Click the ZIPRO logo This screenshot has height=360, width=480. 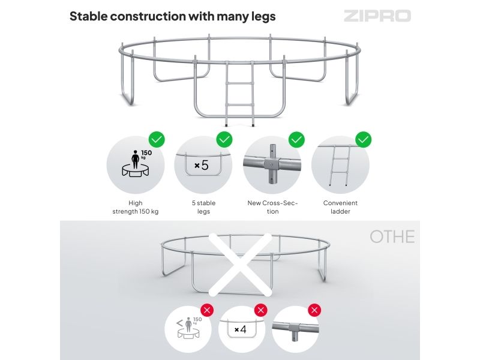coord(377,16)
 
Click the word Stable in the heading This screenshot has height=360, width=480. coord(89,16)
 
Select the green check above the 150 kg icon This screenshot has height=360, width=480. coord(157,140)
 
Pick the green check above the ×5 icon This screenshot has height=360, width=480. coord(224,140)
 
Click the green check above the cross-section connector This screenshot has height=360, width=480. coord(296,140)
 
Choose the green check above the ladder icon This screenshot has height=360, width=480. coord(364,140)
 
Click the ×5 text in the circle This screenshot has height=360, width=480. coord(202,166)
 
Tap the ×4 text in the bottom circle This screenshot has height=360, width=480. coord(241,329)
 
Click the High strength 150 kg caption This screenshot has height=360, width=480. coord(136,207)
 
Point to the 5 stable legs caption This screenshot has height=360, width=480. coord(203,207)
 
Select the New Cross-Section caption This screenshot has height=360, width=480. coord(272,207)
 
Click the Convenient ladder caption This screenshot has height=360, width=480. coord(340,207)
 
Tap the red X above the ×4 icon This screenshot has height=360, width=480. coord(261,310)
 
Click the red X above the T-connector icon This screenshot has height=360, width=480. coord(314,310)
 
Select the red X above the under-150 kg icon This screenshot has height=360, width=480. coord(207,310)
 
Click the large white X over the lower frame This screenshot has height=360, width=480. coord(240,265)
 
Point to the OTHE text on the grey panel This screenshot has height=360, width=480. coord(392,236)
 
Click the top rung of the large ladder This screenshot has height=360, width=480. coord(240,83)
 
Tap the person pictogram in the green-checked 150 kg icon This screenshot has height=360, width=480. coord(136,160)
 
